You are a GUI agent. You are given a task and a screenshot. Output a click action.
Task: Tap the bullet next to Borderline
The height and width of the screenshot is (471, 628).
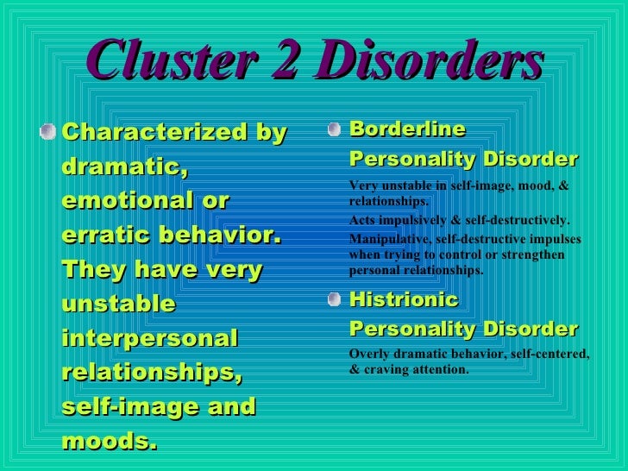(x=336, y=130)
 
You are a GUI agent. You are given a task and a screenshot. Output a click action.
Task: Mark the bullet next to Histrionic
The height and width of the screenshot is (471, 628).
(x=336, y=300)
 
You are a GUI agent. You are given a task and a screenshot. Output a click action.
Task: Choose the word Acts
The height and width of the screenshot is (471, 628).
(x=361, y=220)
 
